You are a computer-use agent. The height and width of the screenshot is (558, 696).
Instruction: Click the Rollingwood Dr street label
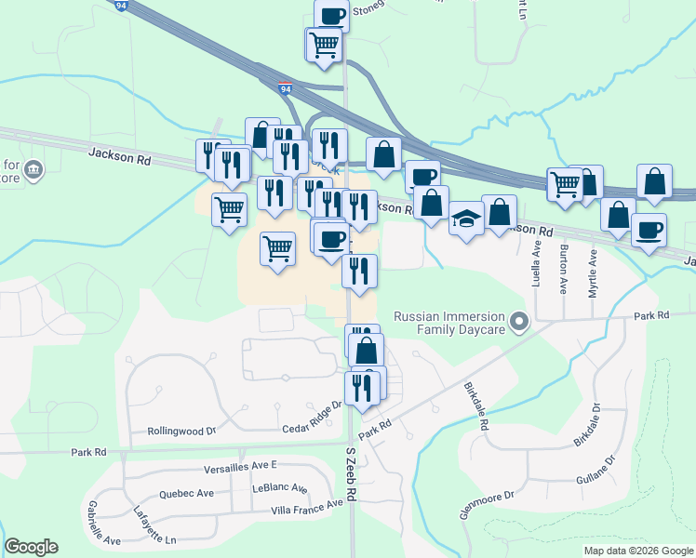(x=181, y=432)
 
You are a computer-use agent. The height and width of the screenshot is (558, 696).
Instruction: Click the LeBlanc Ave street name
(x=279, y=488)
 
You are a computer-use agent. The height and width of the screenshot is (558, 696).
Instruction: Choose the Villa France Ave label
(x=306, y=508)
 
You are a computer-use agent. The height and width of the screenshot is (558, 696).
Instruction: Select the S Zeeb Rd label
(x=352, y=475)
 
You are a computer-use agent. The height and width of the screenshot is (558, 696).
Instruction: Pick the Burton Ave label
(x=564, y=269)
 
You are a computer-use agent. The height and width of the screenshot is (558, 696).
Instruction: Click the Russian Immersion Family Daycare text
(x=448, y=323)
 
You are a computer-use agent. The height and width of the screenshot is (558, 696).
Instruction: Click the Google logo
(x=31, y=547)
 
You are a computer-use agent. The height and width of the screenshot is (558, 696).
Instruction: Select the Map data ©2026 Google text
(x=637, y=551)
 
